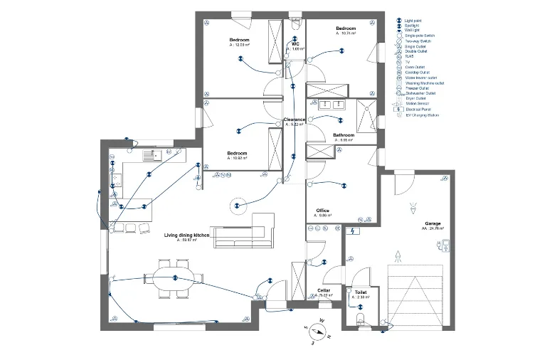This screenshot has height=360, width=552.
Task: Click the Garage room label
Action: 432,224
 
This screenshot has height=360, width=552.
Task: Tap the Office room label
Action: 322,211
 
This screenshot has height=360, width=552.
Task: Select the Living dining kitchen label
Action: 186,235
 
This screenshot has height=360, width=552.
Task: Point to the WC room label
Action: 295,43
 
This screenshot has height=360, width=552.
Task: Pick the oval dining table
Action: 174,278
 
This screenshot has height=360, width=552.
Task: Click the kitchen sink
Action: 151,154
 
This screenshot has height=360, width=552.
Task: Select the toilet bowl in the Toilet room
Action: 360,318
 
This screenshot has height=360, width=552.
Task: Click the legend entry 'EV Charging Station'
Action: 422,115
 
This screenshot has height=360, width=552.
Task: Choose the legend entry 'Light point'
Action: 415,20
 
